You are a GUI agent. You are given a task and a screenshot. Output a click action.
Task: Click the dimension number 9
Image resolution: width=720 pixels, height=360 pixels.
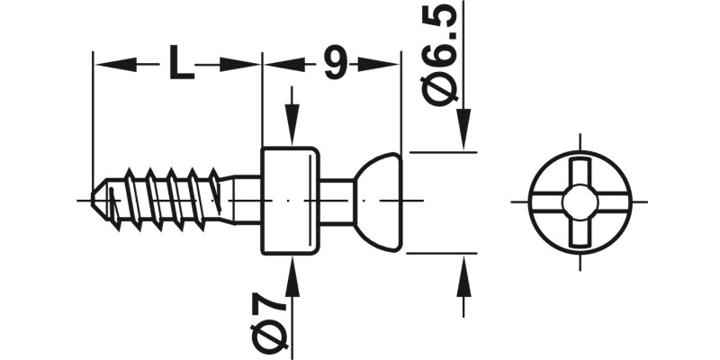coord(334,63)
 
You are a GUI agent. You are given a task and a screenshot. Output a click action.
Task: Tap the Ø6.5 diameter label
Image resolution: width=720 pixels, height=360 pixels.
coord(447,55)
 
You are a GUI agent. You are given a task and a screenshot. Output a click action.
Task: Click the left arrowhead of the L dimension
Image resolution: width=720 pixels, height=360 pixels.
coord(108,64)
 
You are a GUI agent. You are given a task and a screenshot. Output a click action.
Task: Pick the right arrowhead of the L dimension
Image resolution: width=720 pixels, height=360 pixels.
coord(247,64)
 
